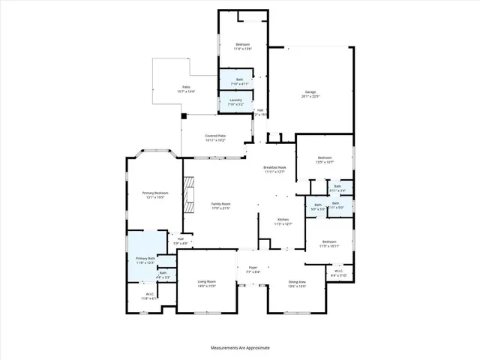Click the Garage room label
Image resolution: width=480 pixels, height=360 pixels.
[311, 94]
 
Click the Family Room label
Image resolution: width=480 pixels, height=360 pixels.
[220, 205]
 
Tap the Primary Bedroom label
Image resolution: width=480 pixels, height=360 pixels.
[155, 195]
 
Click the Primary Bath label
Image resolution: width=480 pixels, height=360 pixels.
[145, 260]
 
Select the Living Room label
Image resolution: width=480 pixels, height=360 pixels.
[205, 283]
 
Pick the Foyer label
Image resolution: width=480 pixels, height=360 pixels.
[253, 269]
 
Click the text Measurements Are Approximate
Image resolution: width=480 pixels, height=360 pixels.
[240, 348]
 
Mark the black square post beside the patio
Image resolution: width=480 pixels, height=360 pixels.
[184, 116]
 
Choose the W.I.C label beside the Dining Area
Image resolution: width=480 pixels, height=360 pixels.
[338, 274]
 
